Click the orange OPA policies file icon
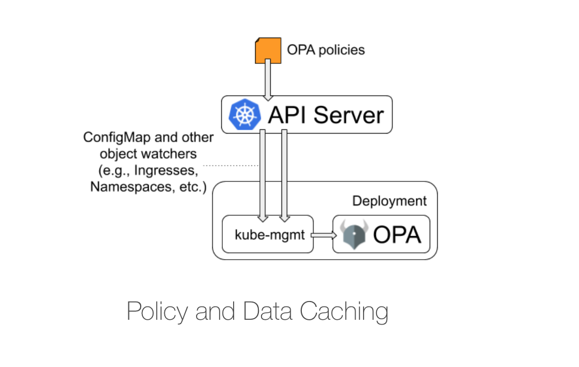(267, 50)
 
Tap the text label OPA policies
(325, 50)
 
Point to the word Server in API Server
(348, 115)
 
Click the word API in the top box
(289, 115)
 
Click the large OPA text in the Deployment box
(397, 235)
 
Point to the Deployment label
(389, 201)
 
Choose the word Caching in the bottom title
(344, 311)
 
